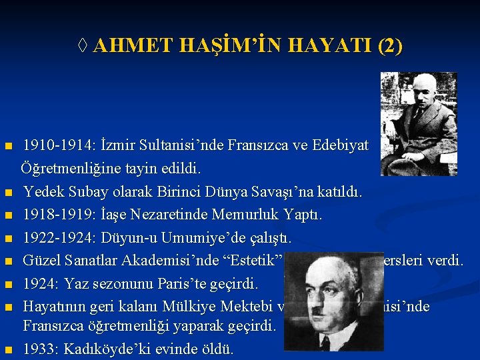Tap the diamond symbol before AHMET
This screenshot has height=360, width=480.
83,47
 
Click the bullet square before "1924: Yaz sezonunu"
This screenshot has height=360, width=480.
9,285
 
